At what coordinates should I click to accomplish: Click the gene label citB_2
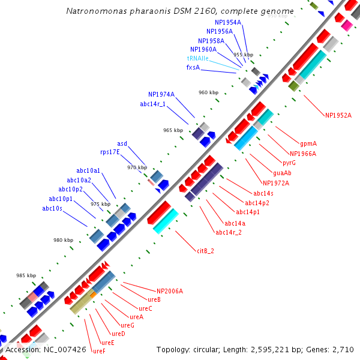205,251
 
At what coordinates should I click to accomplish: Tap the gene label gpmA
308,144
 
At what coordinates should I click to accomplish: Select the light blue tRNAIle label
198,59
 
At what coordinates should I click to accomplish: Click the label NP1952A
338,115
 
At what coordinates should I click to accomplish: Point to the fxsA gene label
193,68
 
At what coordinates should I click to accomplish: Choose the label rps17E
110,152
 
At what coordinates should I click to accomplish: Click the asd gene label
122,144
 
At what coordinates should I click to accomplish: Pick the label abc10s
53,209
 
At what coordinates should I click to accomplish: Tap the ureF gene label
99,351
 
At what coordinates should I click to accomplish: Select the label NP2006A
170,292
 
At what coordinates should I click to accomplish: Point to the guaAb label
282,173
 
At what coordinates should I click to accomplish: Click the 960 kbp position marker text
208,92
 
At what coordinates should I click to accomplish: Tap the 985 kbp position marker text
26,275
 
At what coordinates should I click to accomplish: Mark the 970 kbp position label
137,167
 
